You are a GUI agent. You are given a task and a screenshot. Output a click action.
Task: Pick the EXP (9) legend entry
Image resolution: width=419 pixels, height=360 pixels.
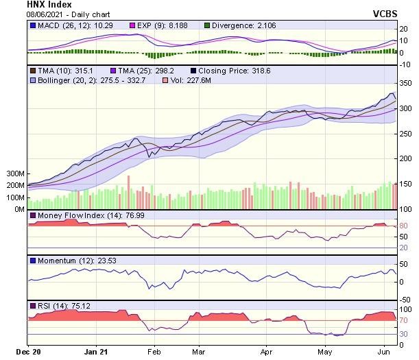pos(144,25)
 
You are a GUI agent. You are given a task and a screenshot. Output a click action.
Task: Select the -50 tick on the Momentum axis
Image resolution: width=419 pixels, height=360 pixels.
pos(405,299)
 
